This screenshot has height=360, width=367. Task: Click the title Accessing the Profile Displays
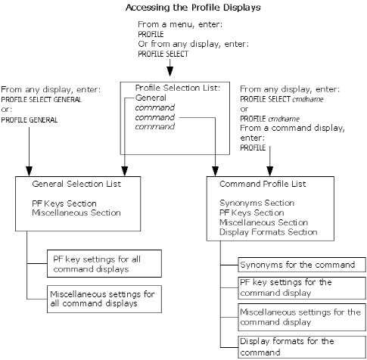click(184, 8)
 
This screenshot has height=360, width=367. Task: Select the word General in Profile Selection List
click(151, 98)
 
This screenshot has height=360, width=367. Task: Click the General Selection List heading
click(76, 184)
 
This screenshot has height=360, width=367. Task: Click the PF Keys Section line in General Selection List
click(66, 204)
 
